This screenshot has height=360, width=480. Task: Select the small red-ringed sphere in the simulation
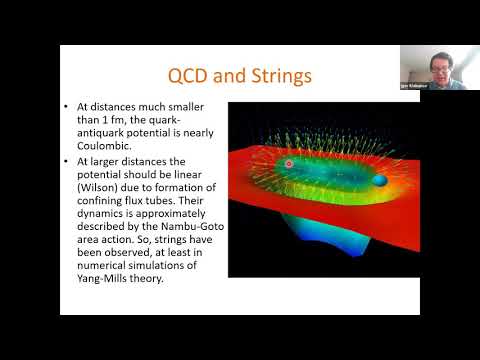(x=289, y=163)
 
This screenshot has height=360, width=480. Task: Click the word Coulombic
(x=105, y=139)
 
